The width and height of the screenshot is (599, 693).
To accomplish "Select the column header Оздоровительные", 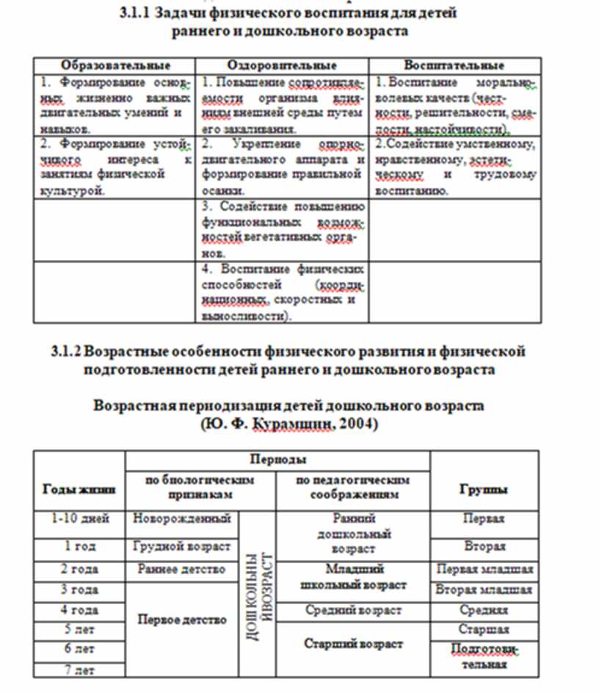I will pos(283,65).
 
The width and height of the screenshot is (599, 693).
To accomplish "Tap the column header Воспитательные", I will pos(454,65).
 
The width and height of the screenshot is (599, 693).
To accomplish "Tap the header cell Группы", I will pos(484,489).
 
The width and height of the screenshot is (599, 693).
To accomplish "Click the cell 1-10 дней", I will pos(80,519).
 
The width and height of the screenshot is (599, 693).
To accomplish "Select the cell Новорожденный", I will pos(182,519).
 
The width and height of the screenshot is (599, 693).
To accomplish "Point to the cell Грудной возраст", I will pos(182,546).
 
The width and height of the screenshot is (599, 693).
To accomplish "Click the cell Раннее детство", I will pos(182,569).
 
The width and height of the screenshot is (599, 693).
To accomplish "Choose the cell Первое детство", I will pos(182,620).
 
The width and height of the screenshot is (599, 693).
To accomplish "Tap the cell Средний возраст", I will pos(353,610).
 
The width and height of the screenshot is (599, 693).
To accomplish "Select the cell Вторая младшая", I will pos(484,589).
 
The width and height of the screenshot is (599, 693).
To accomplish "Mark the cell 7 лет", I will pos(80,670).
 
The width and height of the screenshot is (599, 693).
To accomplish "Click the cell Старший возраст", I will pos(353,644).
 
